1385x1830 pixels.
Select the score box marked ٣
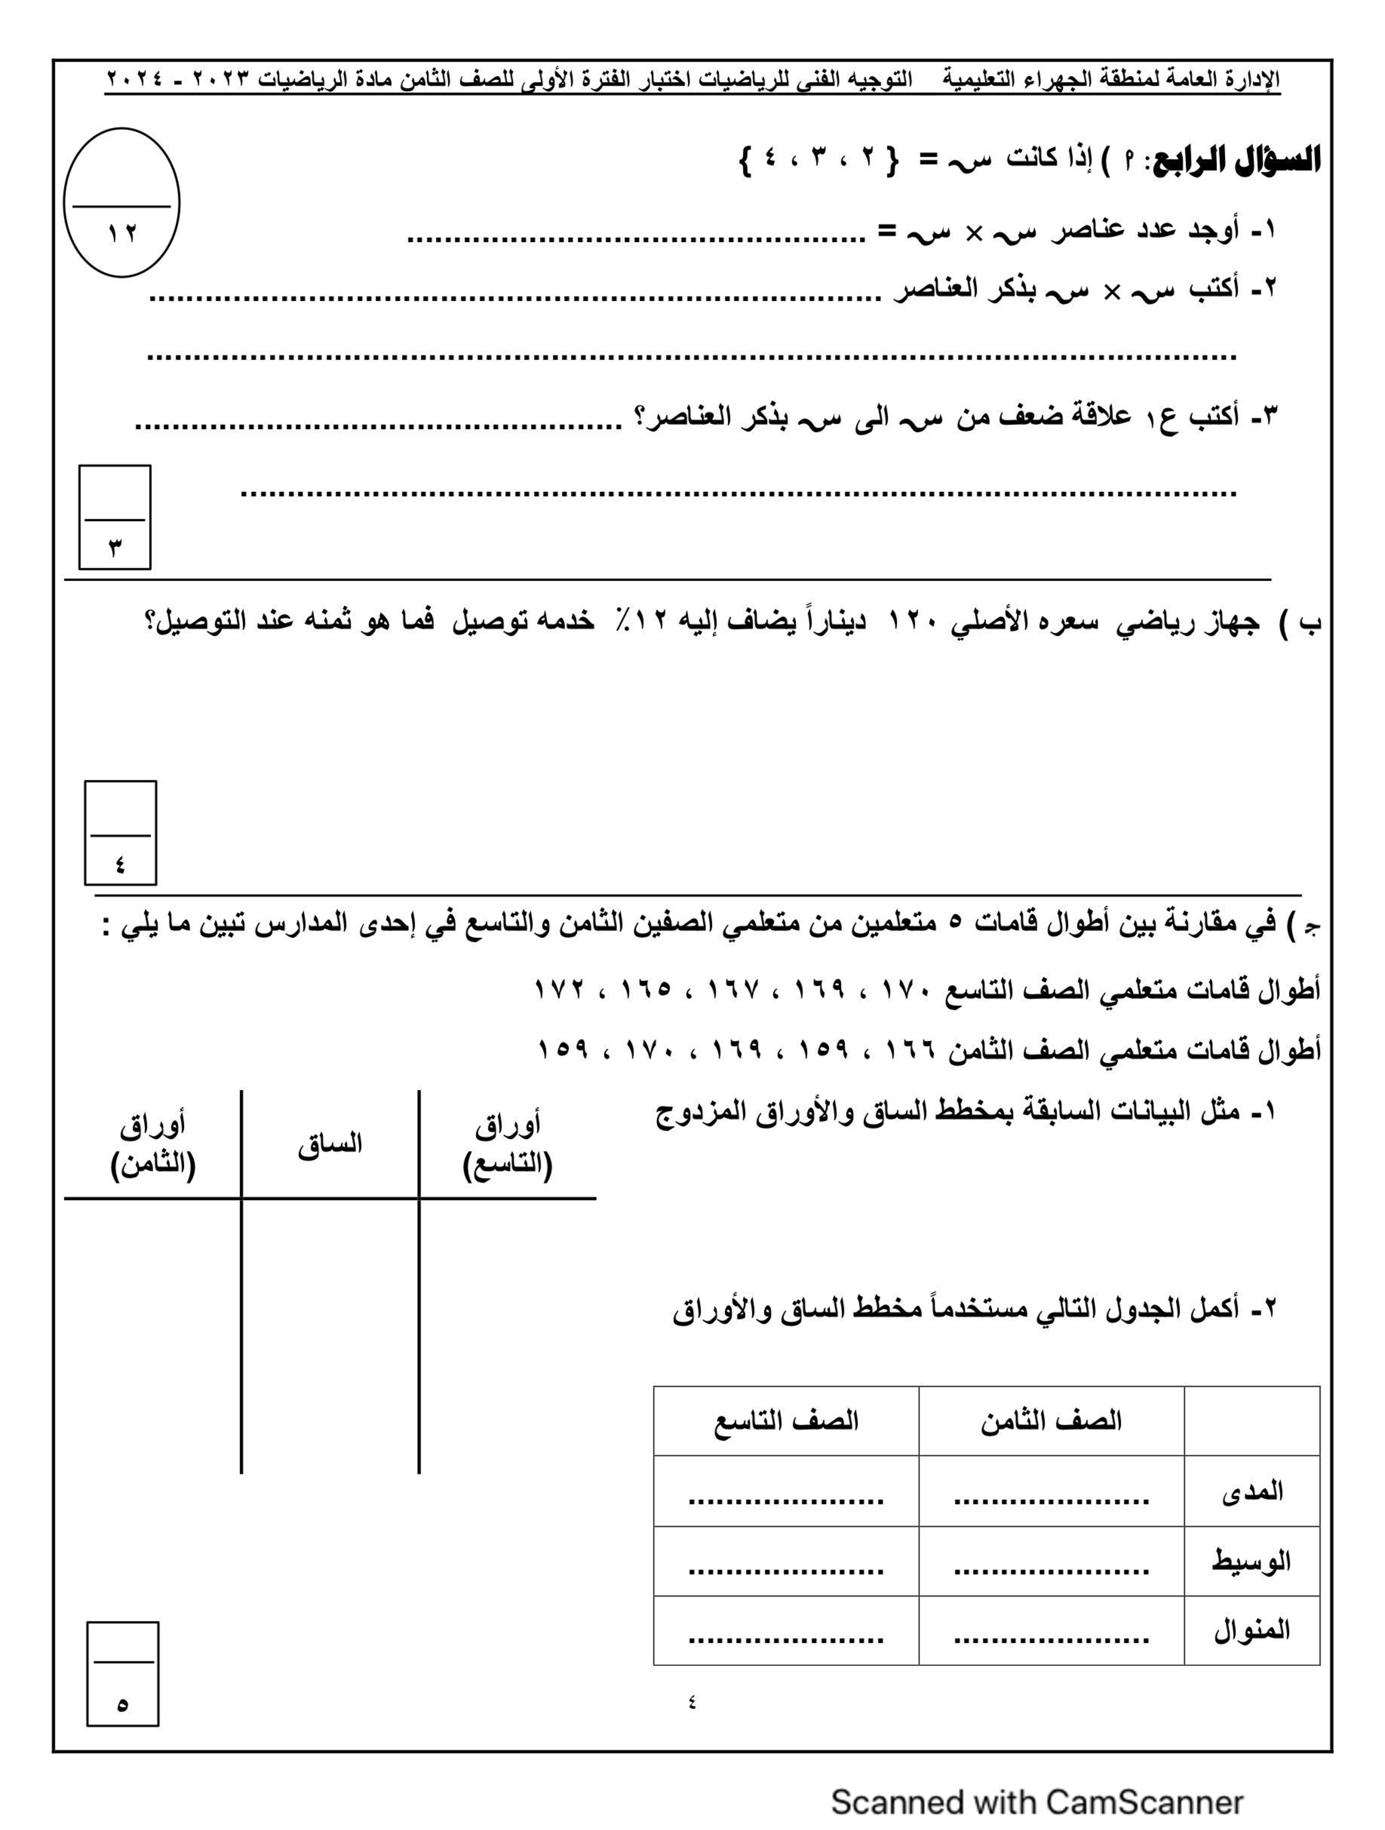pos(115,518)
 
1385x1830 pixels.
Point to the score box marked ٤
pos(121,833)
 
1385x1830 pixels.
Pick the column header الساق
pos(330,1145)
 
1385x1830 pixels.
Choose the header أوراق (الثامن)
pos(153,1145)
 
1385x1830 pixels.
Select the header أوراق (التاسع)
pos(507,1145)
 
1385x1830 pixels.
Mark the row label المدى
pos(1252,1491)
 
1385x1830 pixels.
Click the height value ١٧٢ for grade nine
pos(560,989)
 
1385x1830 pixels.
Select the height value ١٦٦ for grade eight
pos(910,1051)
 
